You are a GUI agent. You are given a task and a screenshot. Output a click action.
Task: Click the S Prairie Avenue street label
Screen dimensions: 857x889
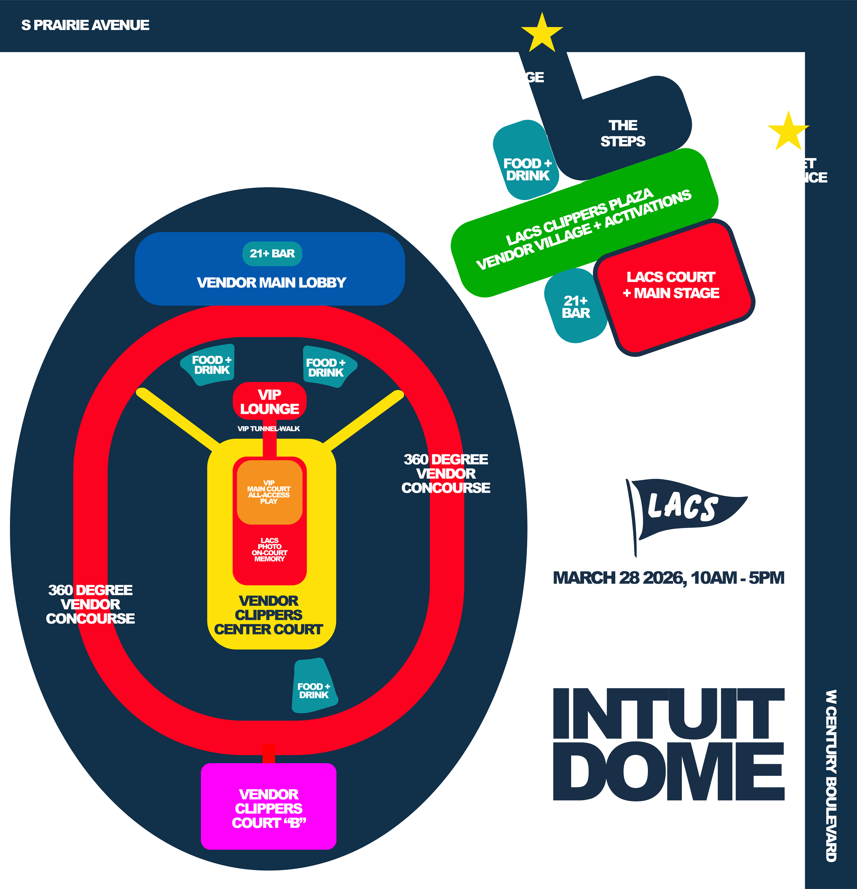pyautogui.click(x=85, y=25)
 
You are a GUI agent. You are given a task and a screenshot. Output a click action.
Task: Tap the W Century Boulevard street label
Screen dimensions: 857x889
pyautogui.click(x=831, y=776)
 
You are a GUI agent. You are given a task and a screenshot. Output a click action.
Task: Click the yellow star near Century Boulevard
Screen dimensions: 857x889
pyautogui.click(x=788, y=131)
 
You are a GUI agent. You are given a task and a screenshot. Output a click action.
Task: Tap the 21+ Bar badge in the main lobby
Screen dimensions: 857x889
pyautogui.click(x=272, y=254)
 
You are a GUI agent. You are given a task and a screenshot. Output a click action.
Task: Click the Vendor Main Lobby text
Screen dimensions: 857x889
pyautogui.click(x=271, y=283)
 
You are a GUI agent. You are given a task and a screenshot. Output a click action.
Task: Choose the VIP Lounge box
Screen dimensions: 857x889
pyautogui.click(x=270, y=402)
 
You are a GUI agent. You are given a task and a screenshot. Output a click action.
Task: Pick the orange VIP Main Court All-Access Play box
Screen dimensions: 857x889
pyautogui.click(x=269, y=492)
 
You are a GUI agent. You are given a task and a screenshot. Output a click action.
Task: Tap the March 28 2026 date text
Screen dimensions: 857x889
pyautogui.click(x=668, y=578)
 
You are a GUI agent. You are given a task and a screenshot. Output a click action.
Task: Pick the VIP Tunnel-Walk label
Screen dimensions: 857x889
pyautogui.click(x=269, y=429)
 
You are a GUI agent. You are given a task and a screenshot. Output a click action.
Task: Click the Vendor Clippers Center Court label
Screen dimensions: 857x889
pyautogui.click(x=269, y=615)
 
